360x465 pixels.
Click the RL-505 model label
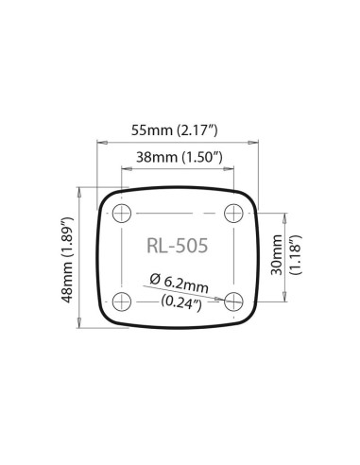178,247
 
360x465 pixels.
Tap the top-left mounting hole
122,213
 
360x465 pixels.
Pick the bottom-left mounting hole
122,301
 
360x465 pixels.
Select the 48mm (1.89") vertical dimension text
65,257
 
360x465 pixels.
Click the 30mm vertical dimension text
275,256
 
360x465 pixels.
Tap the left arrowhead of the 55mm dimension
101,142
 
